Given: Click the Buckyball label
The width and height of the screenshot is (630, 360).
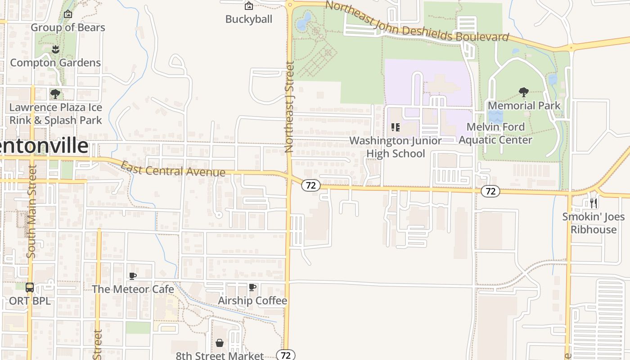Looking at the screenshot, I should pyautogui.click(x=249, y=19).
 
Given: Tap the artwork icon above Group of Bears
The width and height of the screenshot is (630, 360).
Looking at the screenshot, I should pyautogui.click(x=68, y=14).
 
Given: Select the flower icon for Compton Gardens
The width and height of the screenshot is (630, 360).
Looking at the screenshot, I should pyautogui.click(x=55, y=49).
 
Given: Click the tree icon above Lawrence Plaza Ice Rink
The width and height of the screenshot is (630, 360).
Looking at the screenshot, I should pyautogui.click(x=55, y=94).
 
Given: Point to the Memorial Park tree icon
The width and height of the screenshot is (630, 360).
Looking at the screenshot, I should pyautogui.click(x=523, y=92).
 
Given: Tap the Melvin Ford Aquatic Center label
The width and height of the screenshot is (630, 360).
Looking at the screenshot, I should pyautogui.click(x=495, y=133).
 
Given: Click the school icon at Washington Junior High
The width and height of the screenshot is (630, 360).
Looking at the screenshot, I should pyautogui.click(x=395, y=127).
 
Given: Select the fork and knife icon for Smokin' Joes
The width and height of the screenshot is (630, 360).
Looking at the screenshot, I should pyautogui.click(x=594, y=203).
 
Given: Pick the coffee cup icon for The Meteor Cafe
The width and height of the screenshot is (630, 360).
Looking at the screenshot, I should pyautogui.click(x=132, y=276).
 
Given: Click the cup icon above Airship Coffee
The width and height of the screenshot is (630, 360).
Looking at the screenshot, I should pyautogui.click(x=252, y=287).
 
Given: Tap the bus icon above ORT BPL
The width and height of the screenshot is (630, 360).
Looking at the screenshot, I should pyautogui.click(x=30, y=287).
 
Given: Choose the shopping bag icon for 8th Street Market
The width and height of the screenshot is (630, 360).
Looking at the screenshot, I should pyautogui.click(x=219, y=343).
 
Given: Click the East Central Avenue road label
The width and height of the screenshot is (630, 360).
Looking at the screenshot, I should pyautogui.click(x=173, y=170).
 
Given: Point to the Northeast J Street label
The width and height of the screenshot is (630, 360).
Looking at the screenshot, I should pyautogui.click(x=289, y=107).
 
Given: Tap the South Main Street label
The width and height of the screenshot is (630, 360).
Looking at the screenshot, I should pyautogui.click(x=31, y=211).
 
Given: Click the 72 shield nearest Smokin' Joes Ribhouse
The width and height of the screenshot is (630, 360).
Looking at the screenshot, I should pyautogui.click(x=490, y=191).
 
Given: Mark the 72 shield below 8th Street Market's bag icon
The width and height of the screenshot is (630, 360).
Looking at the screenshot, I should pyautogui.click(x=285, y=355).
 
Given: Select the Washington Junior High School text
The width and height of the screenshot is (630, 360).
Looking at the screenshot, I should pyautogui.click(x=396, y=147).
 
